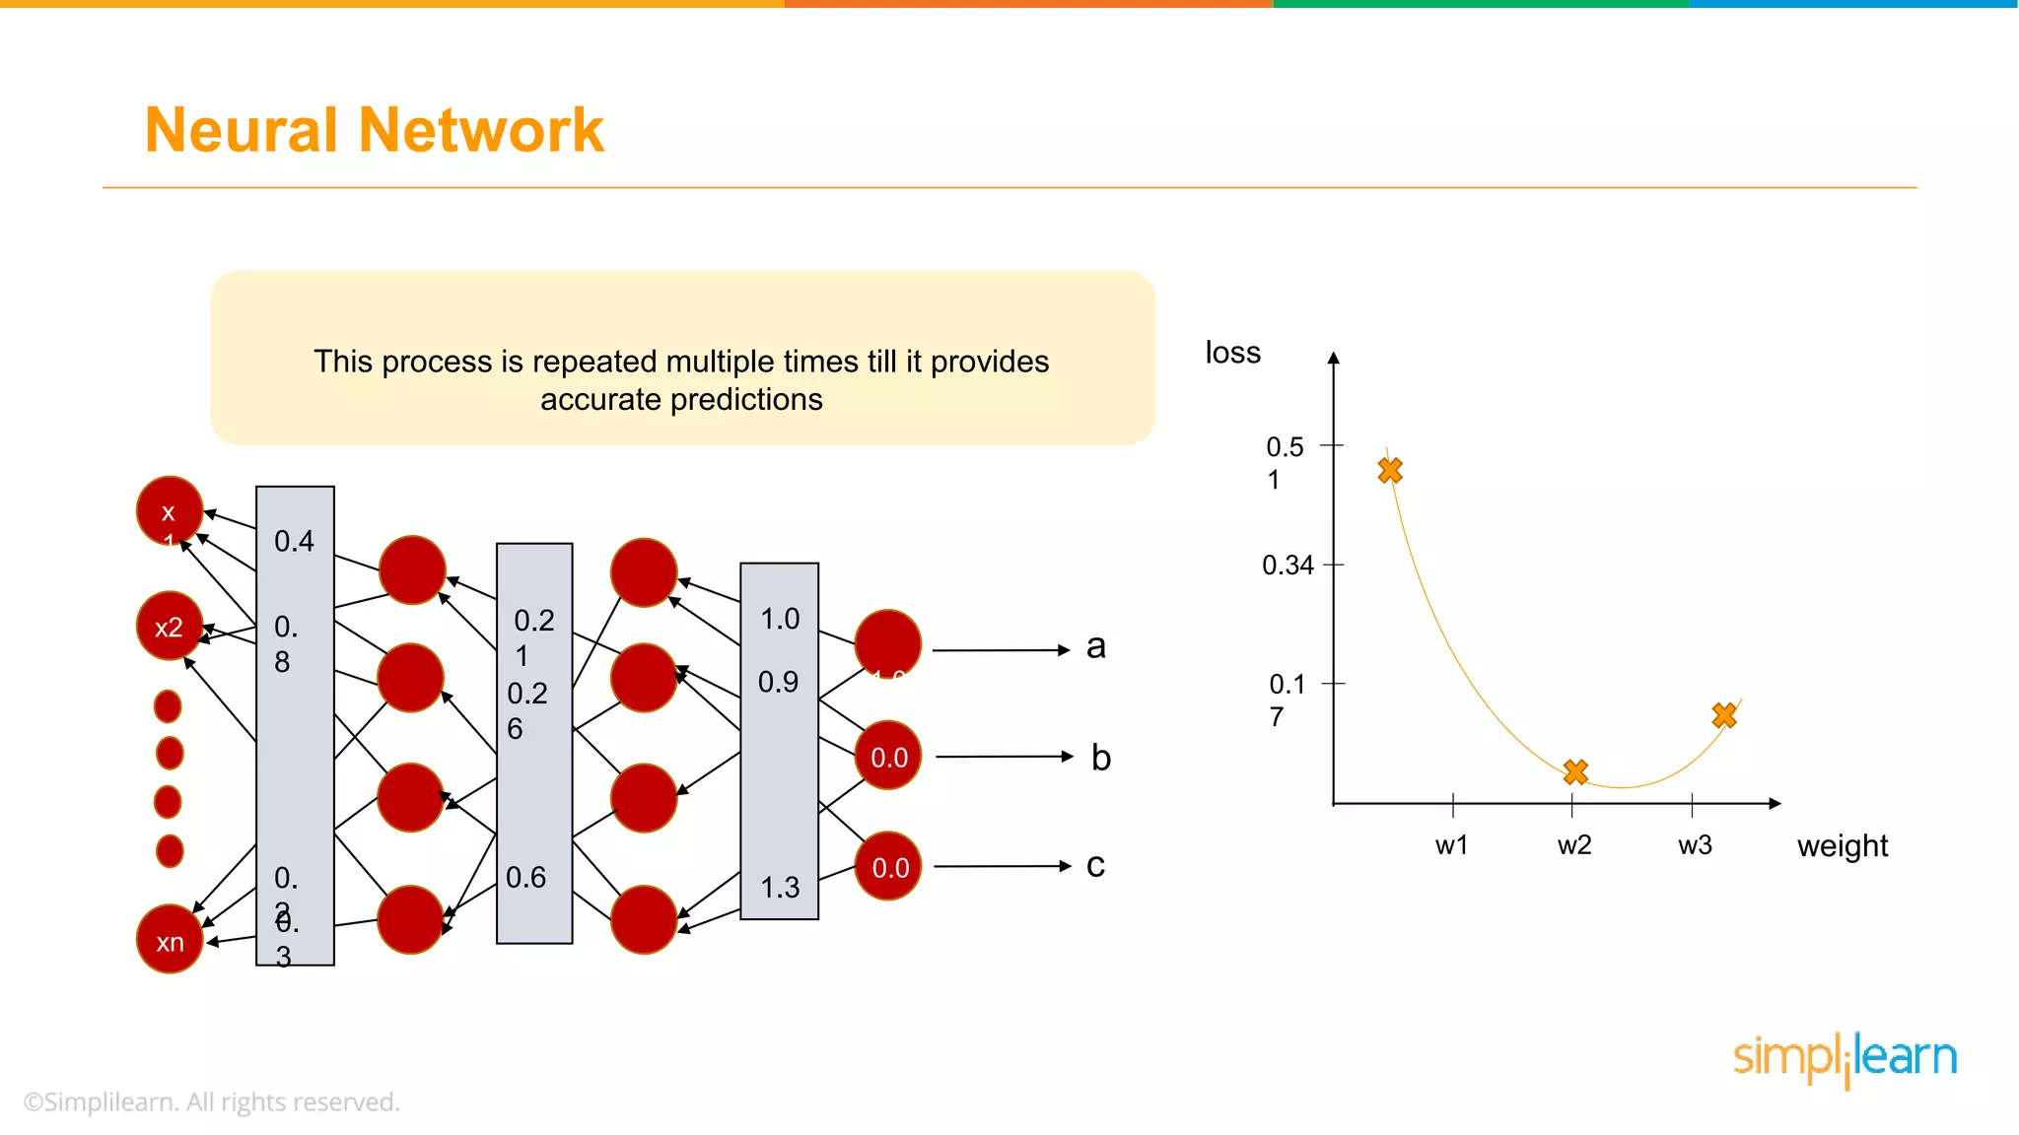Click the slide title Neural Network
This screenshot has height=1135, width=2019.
374,130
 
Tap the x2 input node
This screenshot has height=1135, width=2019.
170,627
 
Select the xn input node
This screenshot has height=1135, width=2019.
170,940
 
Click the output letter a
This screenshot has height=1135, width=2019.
1095,647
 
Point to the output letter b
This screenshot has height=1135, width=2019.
1100,758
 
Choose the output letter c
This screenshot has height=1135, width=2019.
1095,865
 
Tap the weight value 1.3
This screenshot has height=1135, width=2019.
780,888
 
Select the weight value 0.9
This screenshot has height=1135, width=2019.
778,682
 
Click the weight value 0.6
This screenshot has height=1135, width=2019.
525,877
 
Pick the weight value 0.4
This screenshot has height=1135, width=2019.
294,541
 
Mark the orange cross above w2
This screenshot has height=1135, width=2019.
1575,771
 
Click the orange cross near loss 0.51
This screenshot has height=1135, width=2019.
1390,471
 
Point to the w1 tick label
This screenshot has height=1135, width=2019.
1451,845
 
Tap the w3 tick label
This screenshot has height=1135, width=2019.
1695,845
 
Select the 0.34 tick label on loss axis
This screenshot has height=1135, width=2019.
1288,566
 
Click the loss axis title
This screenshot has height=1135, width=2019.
1232,353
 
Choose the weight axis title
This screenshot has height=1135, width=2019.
1842,846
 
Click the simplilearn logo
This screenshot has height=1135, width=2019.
1845,1058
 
